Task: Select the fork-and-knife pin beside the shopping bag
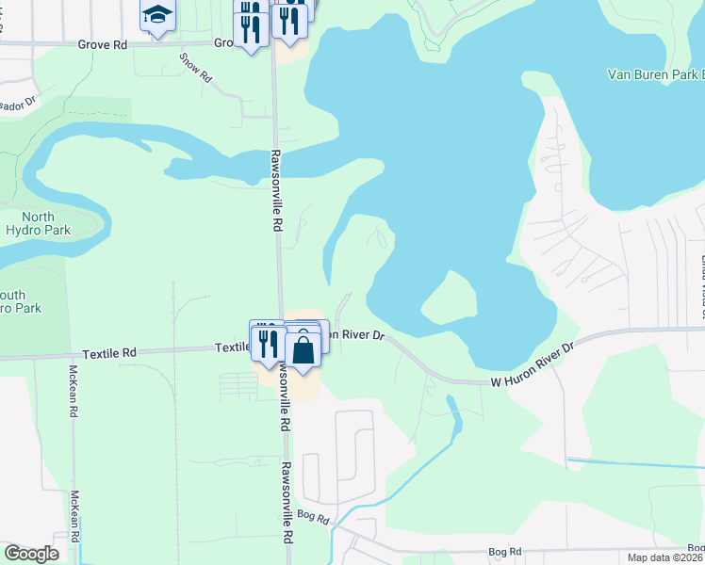(268, 343)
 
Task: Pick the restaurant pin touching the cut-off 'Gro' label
(251, 29)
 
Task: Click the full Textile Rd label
(109, 354)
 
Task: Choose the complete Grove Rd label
(103, 43)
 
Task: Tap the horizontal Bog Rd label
(505, 551)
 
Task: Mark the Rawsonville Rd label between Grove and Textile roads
(277, 190)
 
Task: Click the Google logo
(32, 554)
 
